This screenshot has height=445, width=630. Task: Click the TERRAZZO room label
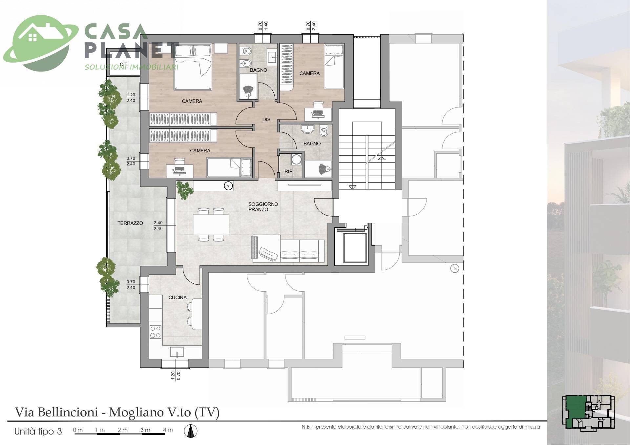(x=130, y=223)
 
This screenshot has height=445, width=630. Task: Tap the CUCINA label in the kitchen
(x=178, y=298)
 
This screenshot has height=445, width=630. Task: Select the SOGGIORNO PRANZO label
(x=263, y=207)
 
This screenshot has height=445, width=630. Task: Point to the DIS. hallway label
(x=267, y=120)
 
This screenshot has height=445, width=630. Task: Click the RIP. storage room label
(x=289, y=171)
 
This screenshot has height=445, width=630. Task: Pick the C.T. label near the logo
(x=124, y=64)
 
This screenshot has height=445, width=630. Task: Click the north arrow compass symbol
(x=190, y=431)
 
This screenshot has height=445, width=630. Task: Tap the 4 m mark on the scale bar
(x=168, y=430)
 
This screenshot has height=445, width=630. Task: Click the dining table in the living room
(x=211, y=224)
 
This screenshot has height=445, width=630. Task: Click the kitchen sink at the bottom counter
(x=177, y=352)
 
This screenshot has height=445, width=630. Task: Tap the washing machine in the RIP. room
(x=297, y=159)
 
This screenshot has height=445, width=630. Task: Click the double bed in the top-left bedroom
(x=193, y=67)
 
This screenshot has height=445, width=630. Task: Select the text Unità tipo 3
(x=38, y=431)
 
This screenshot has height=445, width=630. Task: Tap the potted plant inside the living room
(x=184, y=190)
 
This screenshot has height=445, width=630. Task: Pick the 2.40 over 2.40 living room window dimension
(x=158, y=225)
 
